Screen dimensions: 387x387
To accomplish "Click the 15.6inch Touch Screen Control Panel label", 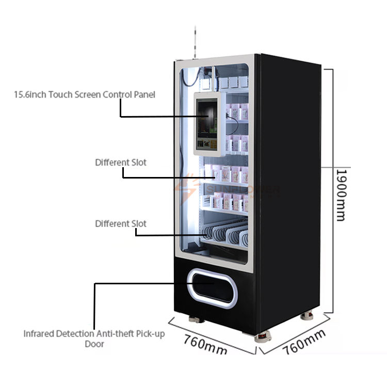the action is [x=85, y=95].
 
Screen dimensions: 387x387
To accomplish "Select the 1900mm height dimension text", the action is [x=341, y=195].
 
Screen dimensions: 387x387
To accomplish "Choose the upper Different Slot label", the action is [x=121, y=163].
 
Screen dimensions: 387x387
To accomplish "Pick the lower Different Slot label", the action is [x=121, y=224].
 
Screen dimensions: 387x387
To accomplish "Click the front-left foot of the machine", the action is [x=193, y=319].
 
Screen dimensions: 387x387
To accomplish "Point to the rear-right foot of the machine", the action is [x=308, y=315].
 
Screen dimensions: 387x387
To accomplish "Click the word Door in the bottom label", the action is [x=94, y=344].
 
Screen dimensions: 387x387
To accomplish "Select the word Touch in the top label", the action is [x=59, y=95].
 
